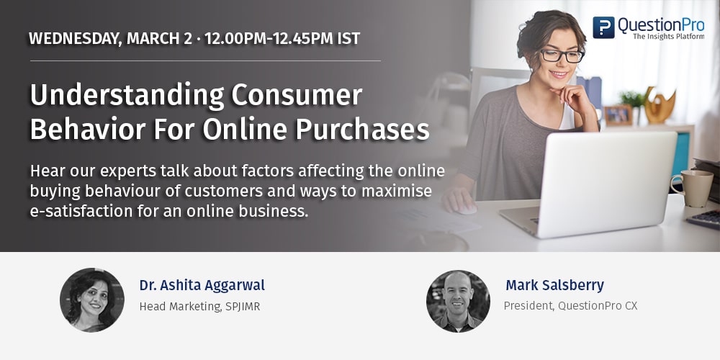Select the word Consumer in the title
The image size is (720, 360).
[297, 95]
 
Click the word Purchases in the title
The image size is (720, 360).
[362, 130]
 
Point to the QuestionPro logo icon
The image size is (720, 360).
[603, 27]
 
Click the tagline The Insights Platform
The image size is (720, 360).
[669, 36]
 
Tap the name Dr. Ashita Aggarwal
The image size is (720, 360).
[202, 286]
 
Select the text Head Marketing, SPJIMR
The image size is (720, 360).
[199, 307]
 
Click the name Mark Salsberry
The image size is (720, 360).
[554, 285]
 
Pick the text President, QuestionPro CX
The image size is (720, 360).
[570, 306]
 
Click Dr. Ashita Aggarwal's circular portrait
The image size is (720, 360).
[92, 300]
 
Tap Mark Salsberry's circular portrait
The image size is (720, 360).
[458, 301]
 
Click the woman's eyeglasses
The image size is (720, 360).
[562, 56]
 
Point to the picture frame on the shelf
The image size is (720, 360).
[618, 115]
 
